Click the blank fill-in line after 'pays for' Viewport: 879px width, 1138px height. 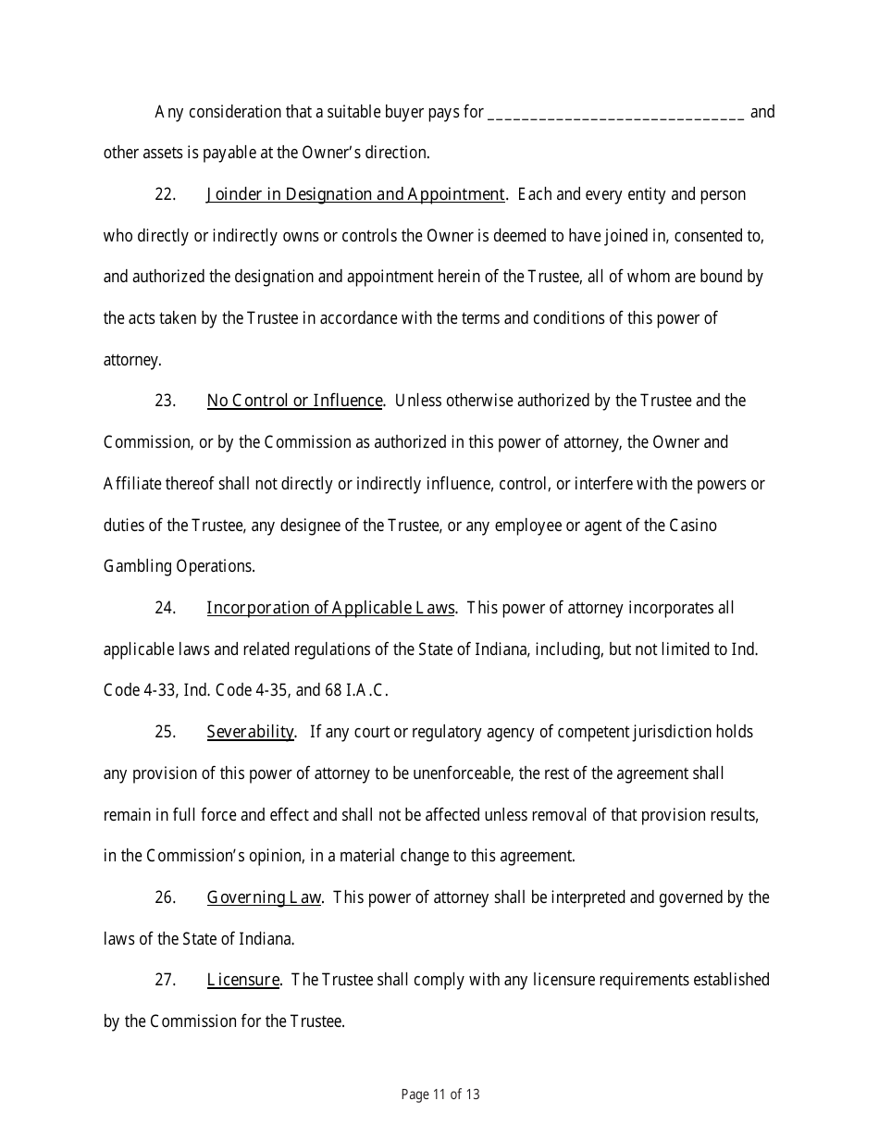[x=615, y=114]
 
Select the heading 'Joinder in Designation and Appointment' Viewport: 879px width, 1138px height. [x=356, y=194]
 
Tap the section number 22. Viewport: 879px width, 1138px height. [x=165, y=194]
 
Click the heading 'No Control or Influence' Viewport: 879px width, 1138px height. [x=294, y=401]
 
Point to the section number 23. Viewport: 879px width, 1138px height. [x=165, y=401]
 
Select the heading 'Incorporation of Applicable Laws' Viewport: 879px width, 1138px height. [x=330, y=608]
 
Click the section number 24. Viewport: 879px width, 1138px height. [x=165, y=608]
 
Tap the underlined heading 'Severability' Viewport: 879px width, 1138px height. [x=250, y=732]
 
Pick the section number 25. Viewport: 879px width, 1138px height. [x=165, y=732]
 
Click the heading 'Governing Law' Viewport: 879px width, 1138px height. [x=264, y=897]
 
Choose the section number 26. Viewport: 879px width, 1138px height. [x=165, y=897]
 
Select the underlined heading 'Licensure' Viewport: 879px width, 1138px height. [x=242, y=980]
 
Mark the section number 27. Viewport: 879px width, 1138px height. [x=165, y=980]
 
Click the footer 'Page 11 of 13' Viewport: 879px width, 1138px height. [x=440, y=1095]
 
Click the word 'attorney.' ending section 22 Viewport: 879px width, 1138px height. [x=132, y=360]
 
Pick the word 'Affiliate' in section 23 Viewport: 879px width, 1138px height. [x=131, y=484]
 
